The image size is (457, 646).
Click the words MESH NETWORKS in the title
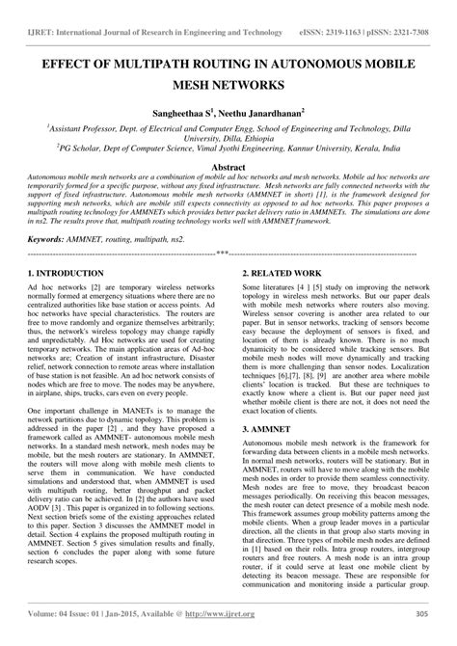[228, 85]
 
